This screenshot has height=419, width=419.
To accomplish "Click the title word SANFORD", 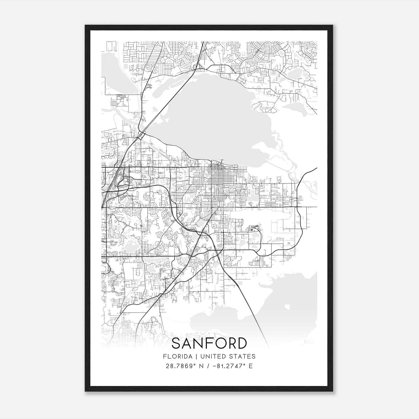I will [209, 343].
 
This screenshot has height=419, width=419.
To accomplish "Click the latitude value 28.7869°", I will [181, 366].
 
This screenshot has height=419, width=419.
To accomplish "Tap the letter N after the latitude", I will [201, 366].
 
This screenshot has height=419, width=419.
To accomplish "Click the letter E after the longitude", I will [251, 366].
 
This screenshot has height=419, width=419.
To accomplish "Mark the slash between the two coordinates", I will [208, 366].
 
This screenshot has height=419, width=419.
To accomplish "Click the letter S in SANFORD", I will [177, 343].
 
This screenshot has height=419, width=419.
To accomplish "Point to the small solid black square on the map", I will [252, 230].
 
